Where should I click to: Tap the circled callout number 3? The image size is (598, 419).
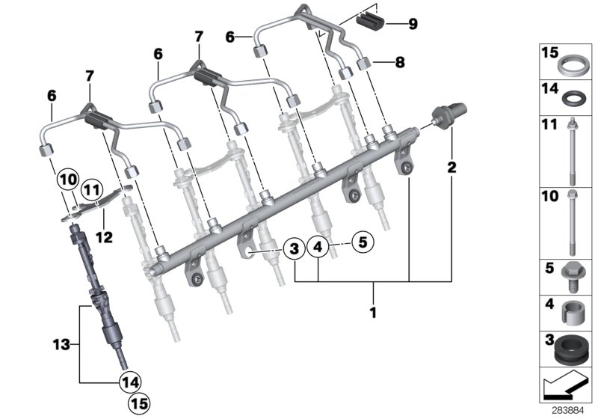tap(295, 247)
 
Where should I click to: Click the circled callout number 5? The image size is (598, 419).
tap(363, 242)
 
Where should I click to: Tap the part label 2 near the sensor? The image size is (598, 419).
tap(451, 166)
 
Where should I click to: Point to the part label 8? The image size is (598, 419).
tap(399, 63)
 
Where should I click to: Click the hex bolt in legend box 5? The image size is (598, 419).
tap(568, 276)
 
